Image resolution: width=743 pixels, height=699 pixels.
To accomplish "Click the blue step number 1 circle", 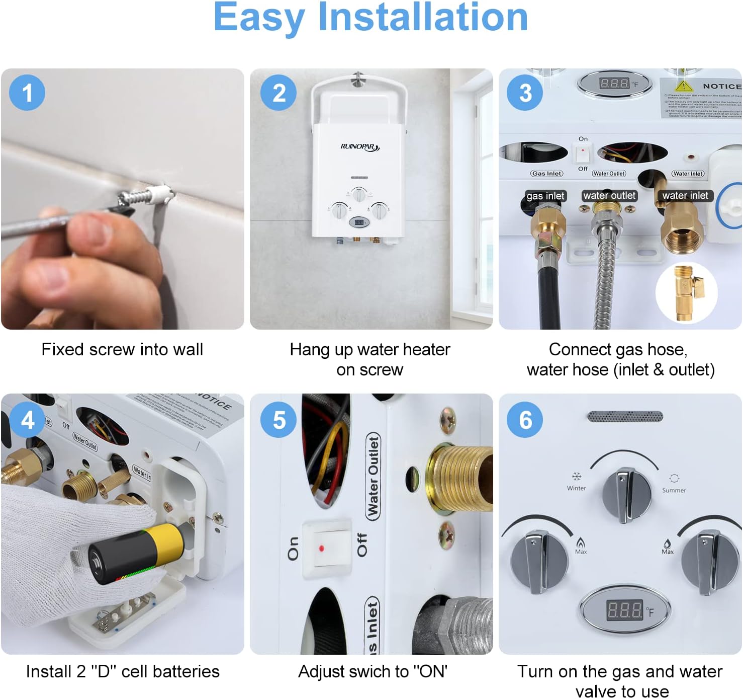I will point(27,93).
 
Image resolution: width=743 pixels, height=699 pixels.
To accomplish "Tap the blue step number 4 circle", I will point(27,420).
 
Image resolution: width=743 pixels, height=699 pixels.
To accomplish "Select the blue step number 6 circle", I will point(525,420).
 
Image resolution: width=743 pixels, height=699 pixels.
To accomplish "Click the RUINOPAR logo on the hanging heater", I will point(360,147).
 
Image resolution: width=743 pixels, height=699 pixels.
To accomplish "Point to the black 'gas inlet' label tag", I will point(545,196).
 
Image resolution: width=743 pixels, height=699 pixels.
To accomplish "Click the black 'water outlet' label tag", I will point(609,195).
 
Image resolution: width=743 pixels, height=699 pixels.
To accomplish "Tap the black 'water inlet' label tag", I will point(685,195).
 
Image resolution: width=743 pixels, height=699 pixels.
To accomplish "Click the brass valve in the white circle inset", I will point(686,292).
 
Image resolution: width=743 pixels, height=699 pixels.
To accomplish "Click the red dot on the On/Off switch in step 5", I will point(321,547).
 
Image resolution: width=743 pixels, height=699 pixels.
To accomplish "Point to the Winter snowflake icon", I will point(577,476).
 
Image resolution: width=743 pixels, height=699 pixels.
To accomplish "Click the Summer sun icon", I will point(674,478).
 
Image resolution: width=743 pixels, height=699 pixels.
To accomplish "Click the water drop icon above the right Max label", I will point(667,543).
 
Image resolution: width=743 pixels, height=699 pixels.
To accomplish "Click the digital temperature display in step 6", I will point(625,609).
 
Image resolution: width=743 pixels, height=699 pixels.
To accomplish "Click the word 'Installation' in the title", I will point(423,17).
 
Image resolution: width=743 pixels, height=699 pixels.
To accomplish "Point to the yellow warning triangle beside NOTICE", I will point(684,85).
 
